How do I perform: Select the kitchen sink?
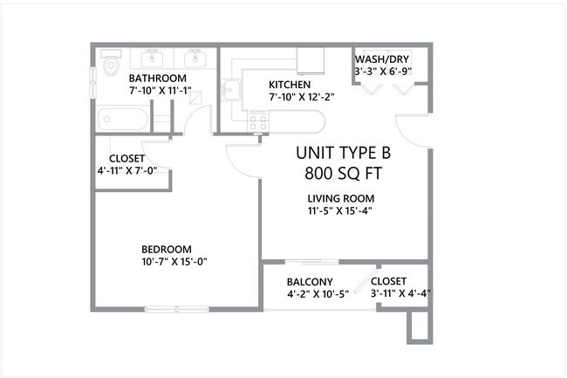(x=233, y=90)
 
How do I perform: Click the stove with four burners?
(x=257, y=121)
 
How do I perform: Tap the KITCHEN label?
(x=289, y=84)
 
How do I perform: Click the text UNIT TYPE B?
(x=343, y=152)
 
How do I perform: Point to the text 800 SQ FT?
(x=343, y=173)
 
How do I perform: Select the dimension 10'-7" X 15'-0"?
(x=174, y=261)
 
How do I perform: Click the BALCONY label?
(x=310, y=281)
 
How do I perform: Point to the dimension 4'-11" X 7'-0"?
(x=133, y=170)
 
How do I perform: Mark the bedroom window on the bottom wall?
(x=177, y=308)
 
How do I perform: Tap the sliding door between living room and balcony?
(x=314, y=261)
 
